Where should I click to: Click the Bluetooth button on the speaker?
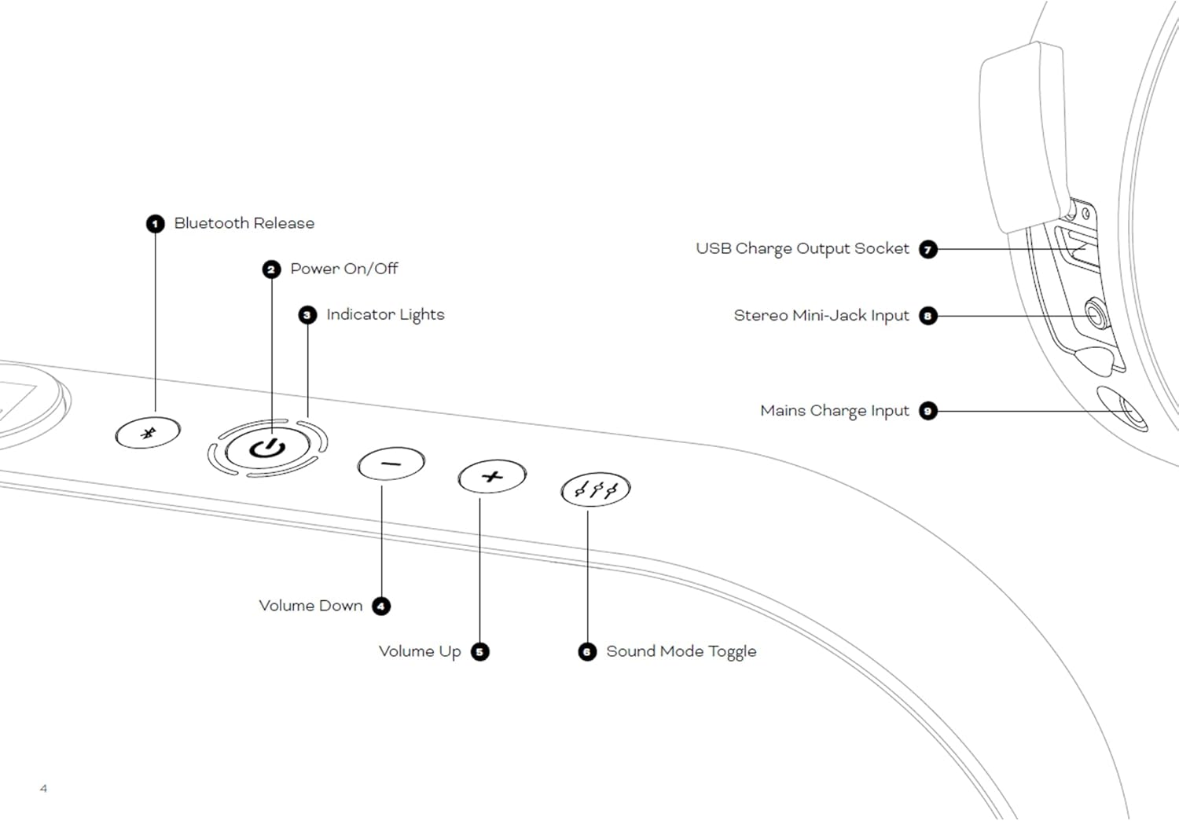coord(148,432)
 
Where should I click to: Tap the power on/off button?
coord(267,449)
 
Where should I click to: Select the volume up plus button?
coord(492,476)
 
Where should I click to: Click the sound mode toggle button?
coord(596,489)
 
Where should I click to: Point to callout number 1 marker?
coord(155,224)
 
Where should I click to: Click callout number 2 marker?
coord(271,269)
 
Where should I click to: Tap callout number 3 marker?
coord(307,315)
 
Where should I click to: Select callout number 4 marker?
coord(381,606)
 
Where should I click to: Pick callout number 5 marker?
coord(479,651)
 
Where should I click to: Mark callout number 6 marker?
coord(587,651)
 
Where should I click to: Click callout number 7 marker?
coord(928,249)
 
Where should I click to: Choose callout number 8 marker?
coord(928,316)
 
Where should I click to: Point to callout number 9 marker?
coord(928,411)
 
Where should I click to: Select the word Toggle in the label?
coord(732,651)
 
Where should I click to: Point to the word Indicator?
coord(360,314)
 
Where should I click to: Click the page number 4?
coord(43,788)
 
